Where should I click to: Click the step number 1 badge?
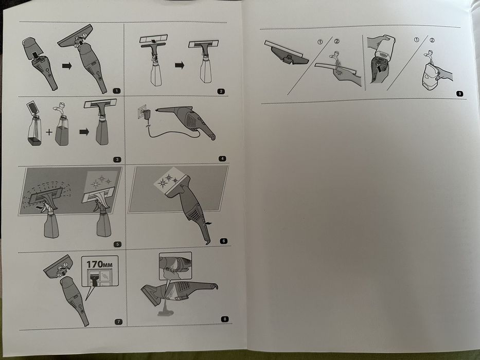click(117, 91)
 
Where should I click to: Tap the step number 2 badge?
click(221, 91)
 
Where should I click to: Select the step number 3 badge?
click(117, 159)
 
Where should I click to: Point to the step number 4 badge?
click(222, 158)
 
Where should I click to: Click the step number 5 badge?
click(117, 244)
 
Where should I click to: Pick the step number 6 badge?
click(223, 241)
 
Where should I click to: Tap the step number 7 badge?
click(118, 322)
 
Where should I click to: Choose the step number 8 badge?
click(225, 319)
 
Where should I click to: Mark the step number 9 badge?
click(459, 94)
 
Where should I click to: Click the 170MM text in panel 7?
click(99, 264)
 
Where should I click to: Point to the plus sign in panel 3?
click(49, 132)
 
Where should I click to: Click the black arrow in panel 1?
click(67, 66)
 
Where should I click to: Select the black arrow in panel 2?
click(180, 65)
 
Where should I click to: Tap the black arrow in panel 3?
click(84, 132)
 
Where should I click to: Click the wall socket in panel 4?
click(141, 112)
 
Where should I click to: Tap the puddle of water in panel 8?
click(165, 313)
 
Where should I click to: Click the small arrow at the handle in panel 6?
click(208, 224)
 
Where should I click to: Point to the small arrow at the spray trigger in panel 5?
click(39, 208)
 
